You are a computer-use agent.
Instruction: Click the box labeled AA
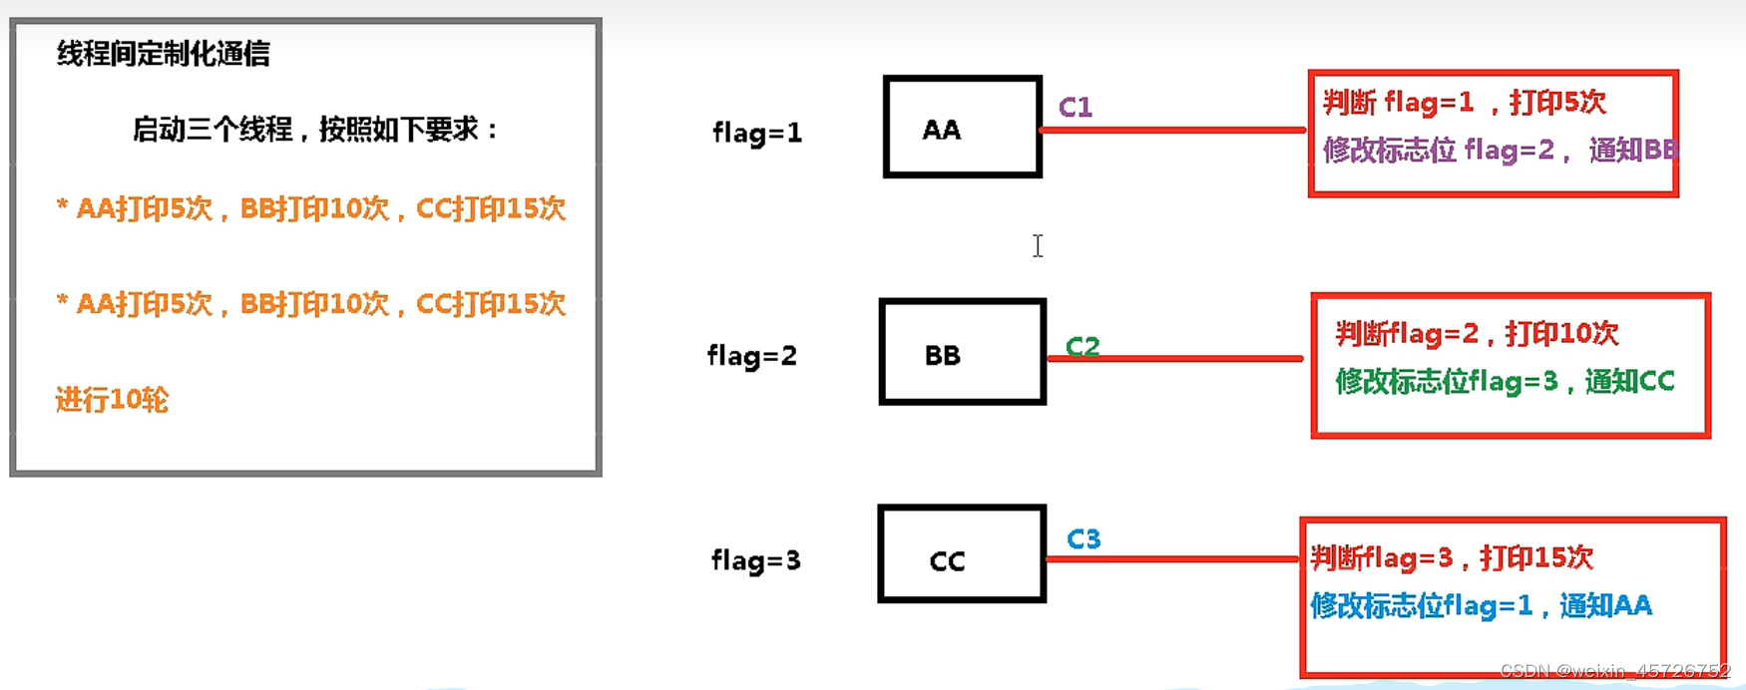pos(962,128)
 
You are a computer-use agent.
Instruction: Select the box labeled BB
pos(962,352)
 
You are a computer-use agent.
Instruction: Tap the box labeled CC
pos(962,554)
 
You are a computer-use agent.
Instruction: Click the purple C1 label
pos(1076,107)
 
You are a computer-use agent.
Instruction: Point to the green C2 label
pos(1083,345)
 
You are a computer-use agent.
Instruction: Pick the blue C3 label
pos(1084,539)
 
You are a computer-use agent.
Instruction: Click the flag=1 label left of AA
pos(757,132)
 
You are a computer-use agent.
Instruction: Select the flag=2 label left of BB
pos(752,356)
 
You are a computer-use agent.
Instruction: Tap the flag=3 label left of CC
pos(755,560)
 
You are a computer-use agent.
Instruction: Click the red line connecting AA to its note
pos(1173,130)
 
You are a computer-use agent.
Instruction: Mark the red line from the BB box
pos(1175,358)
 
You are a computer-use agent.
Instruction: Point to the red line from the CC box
pos(1173,558)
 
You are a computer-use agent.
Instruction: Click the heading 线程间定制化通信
pos(164,54)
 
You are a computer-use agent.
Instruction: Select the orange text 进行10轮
pos(112,400)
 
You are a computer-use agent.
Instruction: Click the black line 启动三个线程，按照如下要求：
pos(315,130)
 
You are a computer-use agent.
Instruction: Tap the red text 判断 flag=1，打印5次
pos(1464,102)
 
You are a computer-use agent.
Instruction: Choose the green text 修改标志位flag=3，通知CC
pos(1505,381)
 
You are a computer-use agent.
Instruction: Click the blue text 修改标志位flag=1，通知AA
pos(1481,605)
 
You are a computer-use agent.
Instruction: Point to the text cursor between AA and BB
pos(1038,245)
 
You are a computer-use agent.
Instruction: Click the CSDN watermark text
pos(1614,671)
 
